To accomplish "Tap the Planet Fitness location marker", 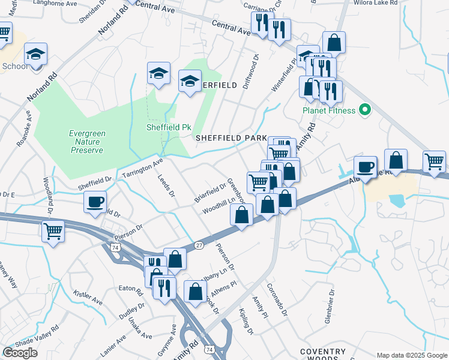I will tap(364, 110).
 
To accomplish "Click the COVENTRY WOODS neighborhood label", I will tap(324, 355).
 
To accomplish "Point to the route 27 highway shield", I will tap(199, 245).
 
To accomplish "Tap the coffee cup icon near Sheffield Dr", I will tap(97, 203).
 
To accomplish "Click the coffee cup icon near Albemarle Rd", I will tap(364, 167).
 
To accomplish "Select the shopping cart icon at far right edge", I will tap(434, 161).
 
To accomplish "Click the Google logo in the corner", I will tap(20, 353).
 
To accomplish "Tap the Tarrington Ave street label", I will tap(142, 168).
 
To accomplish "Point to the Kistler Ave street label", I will tap(85, 297).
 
